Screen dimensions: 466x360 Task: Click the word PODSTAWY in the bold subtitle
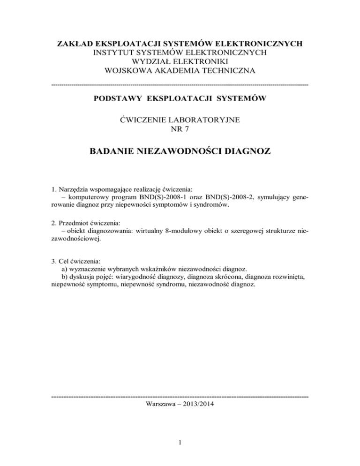pyautogui.click(x=118, y=98)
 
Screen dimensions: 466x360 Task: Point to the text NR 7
pyautogui.click(x=180, y=129)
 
